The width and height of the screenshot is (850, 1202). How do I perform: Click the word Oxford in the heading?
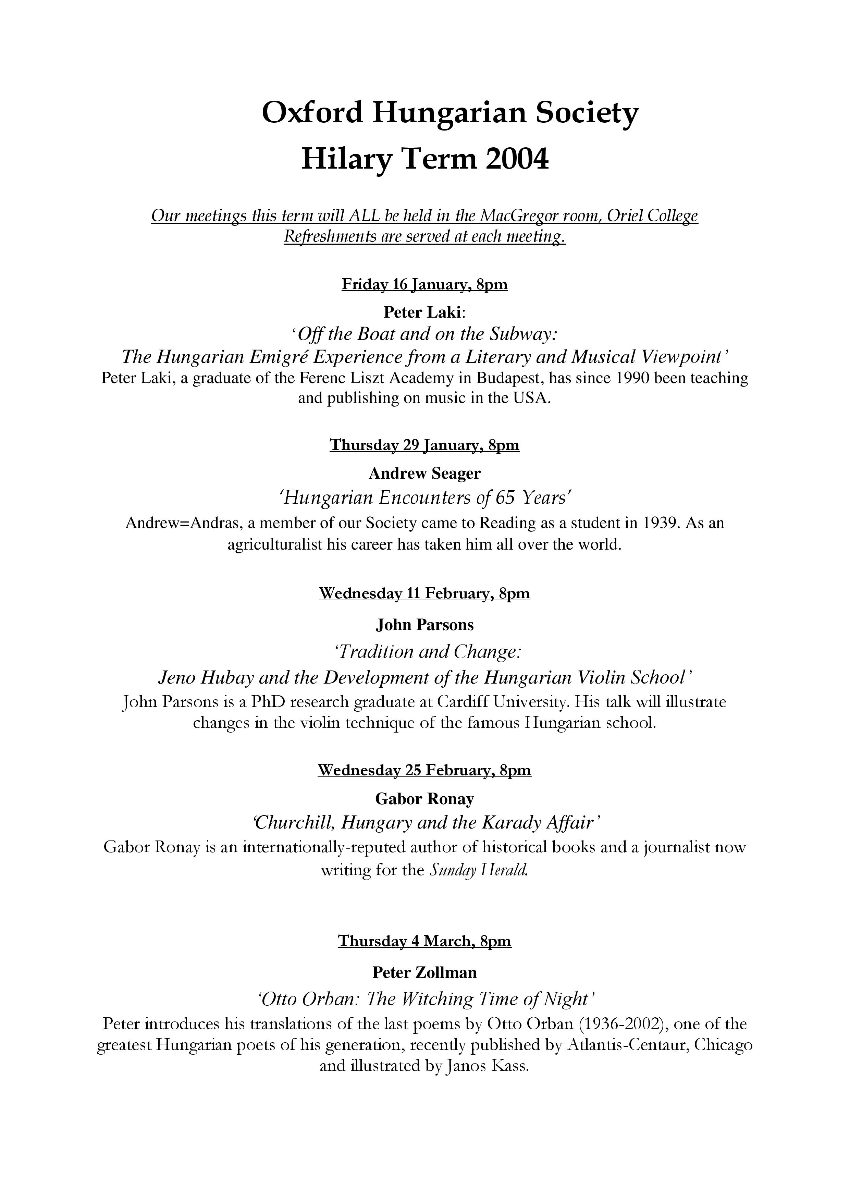[312, 112]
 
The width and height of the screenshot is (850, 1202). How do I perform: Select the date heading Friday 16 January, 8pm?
[424, 284]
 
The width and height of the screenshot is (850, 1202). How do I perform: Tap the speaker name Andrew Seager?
[424, 473]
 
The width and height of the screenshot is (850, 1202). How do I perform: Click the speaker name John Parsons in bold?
[424, 625]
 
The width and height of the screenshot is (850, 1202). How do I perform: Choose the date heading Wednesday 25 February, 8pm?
[424, 770]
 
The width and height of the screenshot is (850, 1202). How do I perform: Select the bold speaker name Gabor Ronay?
[424, 799]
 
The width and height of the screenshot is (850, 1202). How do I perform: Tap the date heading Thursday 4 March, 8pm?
[424, 941]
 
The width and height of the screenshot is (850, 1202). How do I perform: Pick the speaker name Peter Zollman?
[424, 972]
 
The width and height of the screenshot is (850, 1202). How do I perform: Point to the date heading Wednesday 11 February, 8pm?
[424, 594]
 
